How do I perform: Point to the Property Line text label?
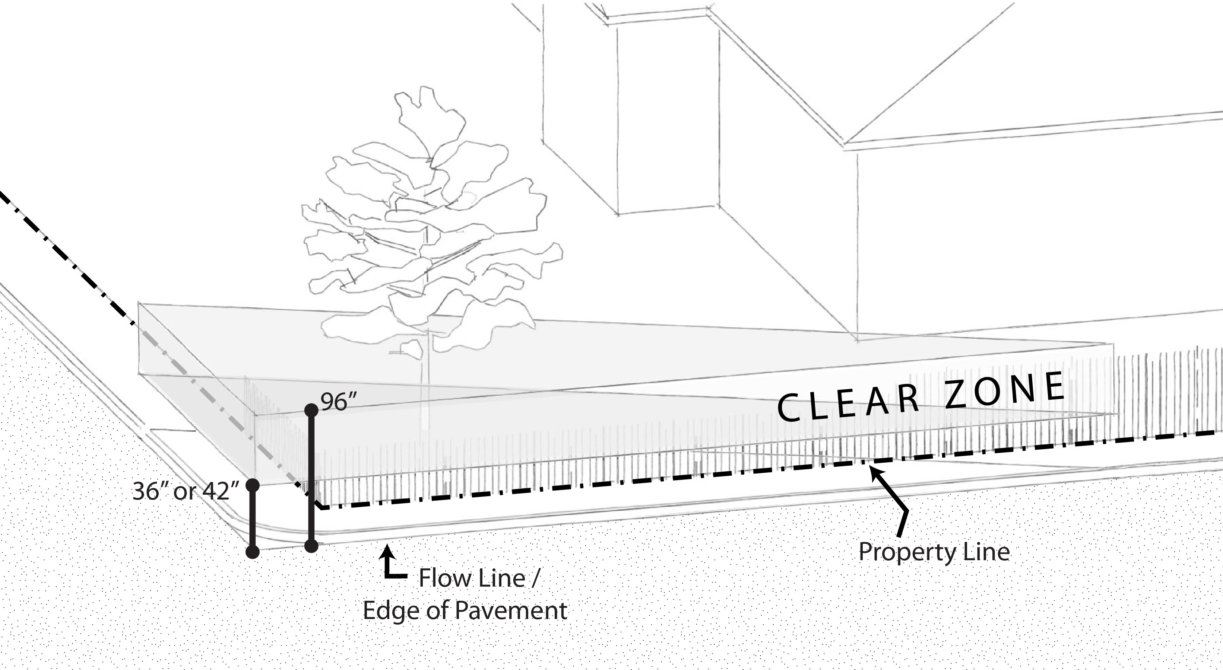[934, 552]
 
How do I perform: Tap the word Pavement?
[511, 611]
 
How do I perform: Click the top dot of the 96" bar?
[311, 410]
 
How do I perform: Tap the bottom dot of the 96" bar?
[311, 546]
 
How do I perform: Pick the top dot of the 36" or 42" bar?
[253, 485]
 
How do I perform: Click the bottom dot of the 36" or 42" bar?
[253, 552]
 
